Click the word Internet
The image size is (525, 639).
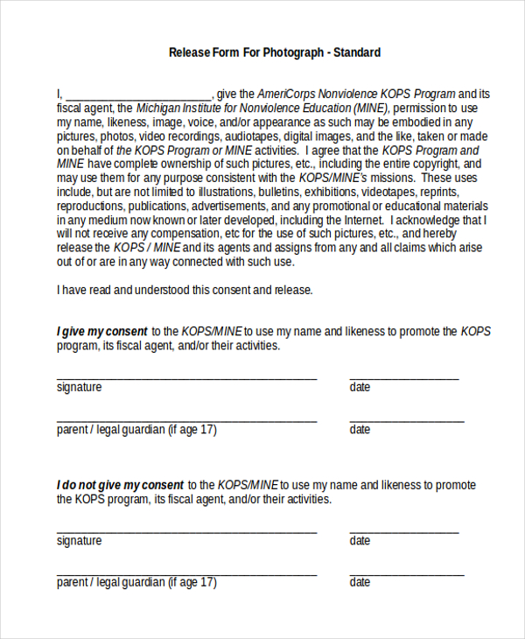click(361, 220)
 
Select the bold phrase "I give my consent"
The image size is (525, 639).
click(101, 332)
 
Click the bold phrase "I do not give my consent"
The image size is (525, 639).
click(120, 485)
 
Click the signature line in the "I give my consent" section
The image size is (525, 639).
click(186, 377)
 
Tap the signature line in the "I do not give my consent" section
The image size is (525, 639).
click(186, 530)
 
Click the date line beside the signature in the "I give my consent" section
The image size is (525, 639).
click(403, 377)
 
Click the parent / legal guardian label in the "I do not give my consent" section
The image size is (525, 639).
click(136, 583)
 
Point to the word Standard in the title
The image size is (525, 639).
click(356, 53)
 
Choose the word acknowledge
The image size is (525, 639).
click(430, 220)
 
